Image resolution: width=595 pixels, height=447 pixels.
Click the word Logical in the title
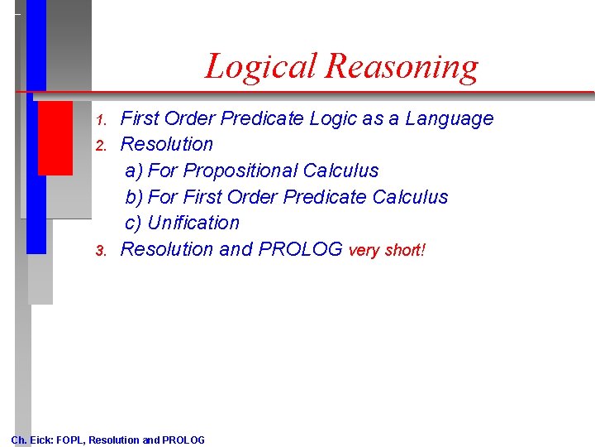[x=260, y=67]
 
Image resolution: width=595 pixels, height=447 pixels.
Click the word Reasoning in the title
[x=402, y=67]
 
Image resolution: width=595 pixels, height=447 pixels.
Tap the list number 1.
[x=102, y=120]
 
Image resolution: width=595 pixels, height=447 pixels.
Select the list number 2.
[x=102, y=146]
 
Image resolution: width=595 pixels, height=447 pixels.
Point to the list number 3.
[x=102, y=251]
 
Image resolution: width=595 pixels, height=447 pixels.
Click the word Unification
[x=193, y=223]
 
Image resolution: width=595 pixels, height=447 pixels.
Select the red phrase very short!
[x=387, y=251]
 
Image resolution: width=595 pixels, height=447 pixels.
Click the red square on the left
[x=55, y=137]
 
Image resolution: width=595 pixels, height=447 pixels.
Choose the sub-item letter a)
[x=134, y=171]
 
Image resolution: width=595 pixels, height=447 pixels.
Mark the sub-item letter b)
[x=134, y=198]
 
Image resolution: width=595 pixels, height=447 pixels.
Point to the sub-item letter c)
[x=134, y=223]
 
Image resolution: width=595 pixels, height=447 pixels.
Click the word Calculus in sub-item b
[x=410, y=198]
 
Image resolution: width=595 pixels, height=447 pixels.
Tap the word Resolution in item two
[x=167, y=145]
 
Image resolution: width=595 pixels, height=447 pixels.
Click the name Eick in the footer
[x=41, y=440]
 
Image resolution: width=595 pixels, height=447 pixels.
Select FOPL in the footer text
[x=70, y=440]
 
